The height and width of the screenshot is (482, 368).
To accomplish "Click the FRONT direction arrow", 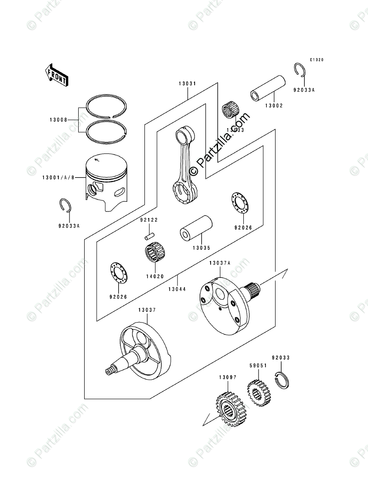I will [x=57, y=74].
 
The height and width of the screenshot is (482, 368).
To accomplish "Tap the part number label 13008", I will [x=59, y=120].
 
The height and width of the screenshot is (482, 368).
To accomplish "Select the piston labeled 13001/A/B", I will [x=106, y=181].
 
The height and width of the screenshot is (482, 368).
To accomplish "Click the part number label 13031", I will [x=188, y=84].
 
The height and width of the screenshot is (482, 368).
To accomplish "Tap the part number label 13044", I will [x=177, y=289].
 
